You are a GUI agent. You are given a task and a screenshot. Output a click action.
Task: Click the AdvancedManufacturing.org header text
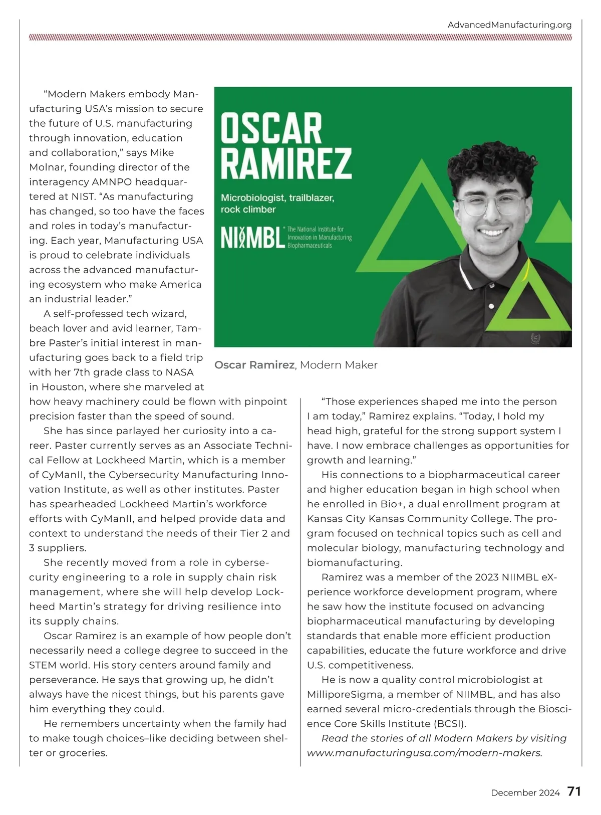[x=509, y=25]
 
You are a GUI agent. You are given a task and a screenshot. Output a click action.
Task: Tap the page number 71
[x=574, y=791]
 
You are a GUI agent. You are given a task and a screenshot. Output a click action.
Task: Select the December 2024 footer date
[x=525, y=792]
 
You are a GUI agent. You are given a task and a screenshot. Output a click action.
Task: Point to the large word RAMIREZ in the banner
[x=286, y=163]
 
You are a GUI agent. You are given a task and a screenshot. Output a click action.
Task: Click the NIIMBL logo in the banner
[x=253, y=238]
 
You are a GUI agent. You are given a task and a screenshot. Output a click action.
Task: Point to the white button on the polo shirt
[x=491, y=306]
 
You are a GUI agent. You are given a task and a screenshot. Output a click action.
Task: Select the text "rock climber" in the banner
[x=248, y=210]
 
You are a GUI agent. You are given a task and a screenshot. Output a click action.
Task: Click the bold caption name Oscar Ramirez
[x=254, y=365]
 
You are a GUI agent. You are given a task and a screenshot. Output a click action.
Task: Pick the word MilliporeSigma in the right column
[x=340, y=694]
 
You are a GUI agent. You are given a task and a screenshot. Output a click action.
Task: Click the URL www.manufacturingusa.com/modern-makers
[x=424, y=753]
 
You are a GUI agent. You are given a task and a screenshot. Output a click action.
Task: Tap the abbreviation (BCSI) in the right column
[x=449, y=723]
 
